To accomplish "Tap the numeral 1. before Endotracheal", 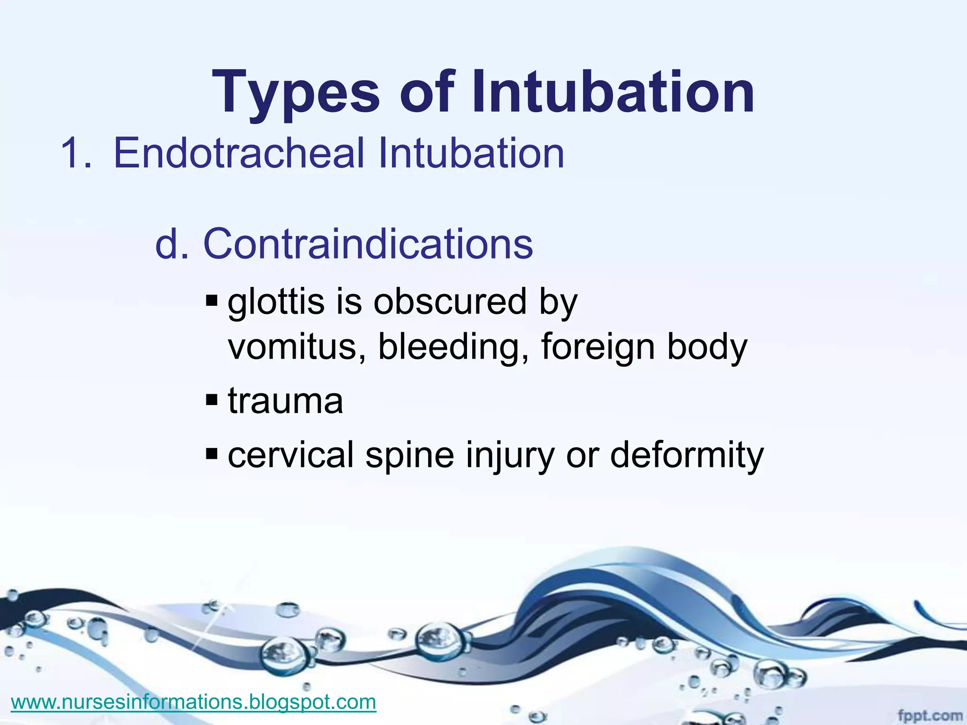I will coord(76,153).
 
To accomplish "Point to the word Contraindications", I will coord(368,244).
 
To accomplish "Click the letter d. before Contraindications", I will coord(172,244).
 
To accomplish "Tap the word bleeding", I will coord(453,347).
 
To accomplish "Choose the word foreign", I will coord(597,347).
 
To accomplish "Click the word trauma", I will coord(286,401).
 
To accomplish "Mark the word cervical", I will coord(290,455).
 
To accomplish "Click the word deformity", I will coord(687,455).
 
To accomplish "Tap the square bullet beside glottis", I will coord(212,300).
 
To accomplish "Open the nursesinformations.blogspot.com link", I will coord(194,702).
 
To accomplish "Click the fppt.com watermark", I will coord(929,715).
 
